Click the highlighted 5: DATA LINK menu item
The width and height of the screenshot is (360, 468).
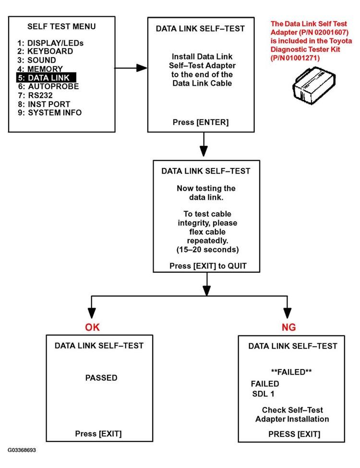pyautogui.click(x=46, y=78)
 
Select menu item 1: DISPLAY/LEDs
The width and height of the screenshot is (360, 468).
pyautogui.click(x=48, y=43)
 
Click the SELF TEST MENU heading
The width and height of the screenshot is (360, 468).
pyautogui.click(x=61, y=26)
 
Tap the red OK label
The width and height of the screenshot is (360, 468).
pyautogui.click(x=93, y=327)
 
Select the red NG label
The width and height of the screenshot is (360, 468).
pyautogui.click(x=288, y=327)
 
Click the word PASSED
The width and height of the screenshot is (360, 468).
pyautogui.click(x=101, y=378)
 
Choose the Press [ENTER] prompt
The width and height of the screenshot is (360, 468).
pyautogui.click(x=201, y=122)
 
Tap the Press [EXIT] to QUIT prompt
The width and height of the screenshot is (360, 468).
pyautogui.click(x=205, y=266)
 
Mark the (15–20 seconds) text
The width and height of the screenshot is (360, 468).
pyautogui.click(x=205, y=250)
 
